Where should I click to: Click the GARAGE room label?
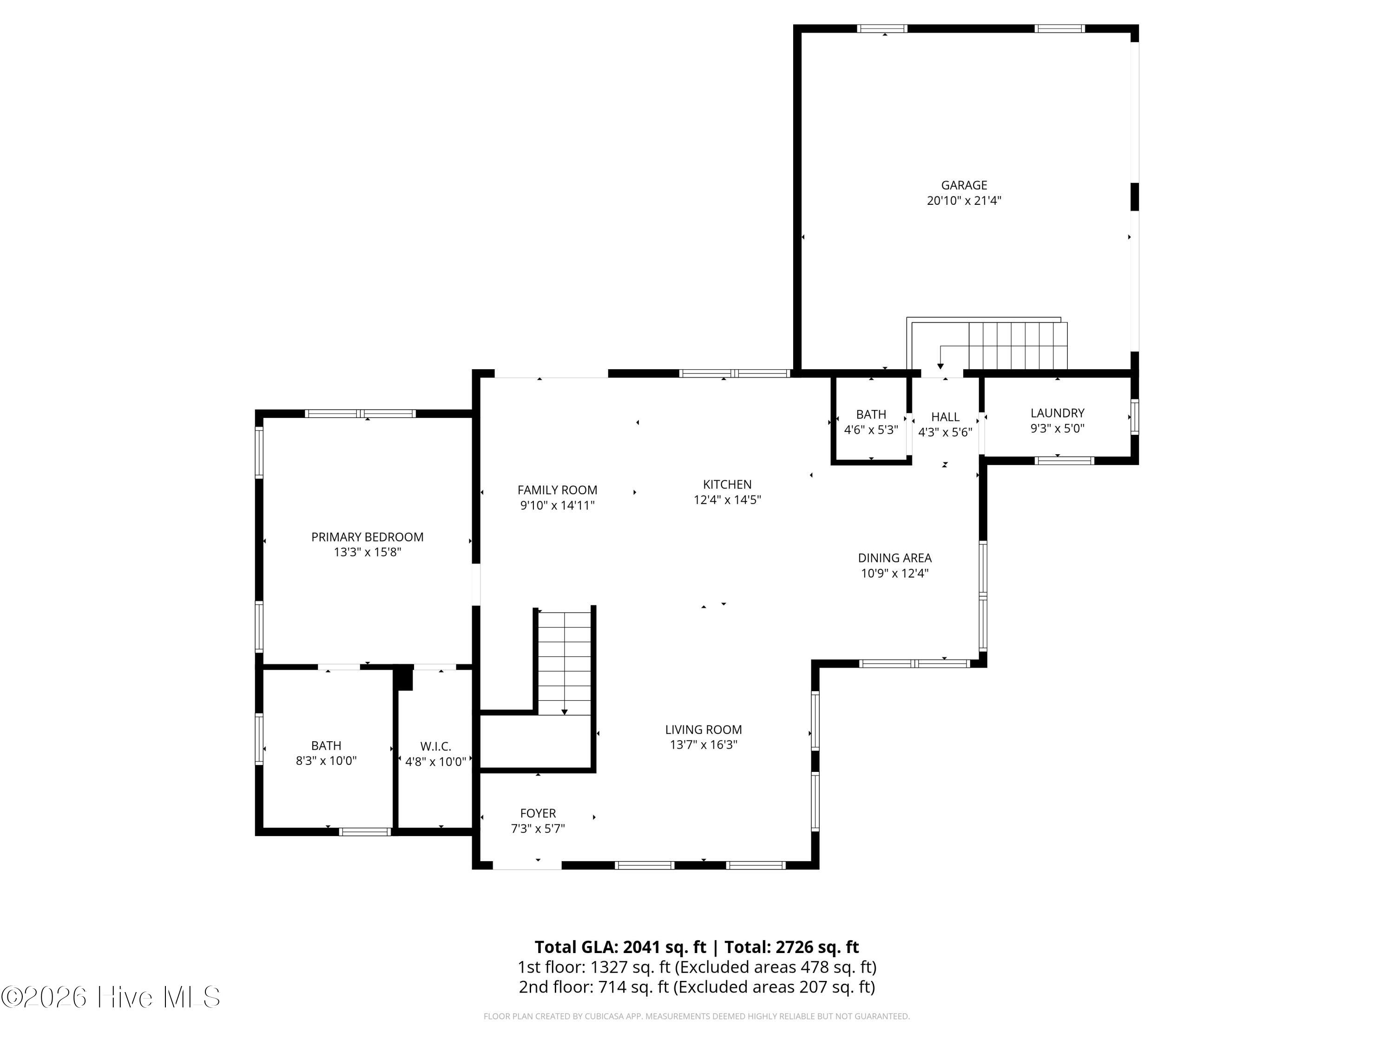(964, 185)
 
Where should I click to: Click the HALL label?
(945, 417)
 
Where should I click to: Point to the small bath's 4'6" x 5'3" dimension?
(871, 430)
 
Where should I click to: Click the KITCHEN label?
(727, 484)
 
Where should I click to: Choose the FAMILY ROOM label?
(557, 490)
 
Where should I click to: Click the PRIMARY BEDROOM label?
(368, 537)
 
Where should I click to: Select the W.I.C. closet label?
(435, 746)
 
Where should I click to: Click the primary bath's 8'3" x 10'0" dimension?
(326, 761)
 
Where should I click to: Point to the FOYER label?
(538, 813)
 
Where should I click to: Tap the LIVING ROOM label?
(704, 730)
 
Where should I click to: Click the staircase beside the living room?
(565, 661)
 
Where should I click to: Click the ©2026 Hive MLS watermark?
(111, 997)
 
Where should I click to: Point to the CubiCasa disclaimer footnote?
(697, 1017)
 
